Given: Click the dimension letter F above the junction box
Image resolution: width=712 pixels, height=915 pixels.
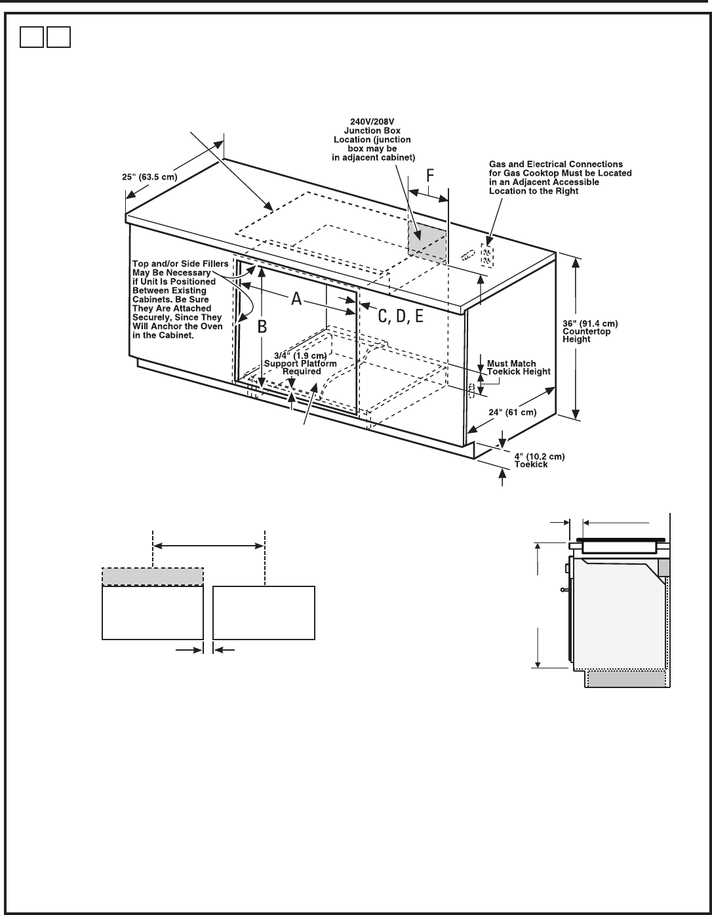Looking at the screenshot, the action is [x=429, y=176].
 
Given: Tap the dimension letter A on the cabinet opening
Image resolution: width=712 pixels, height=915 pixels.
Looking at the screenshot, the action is [x=296, y=298].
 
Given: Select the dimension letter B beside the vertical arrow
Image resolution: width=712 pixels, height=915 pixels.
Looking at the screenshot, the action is [x=262, y=327].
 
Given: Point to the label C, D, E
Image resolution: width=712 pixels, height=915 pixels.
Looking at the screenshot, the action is [x=400, y=315].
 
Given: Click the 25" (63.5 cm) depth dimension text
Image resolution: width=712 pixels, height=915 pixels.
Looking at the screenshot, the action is [x=149, y=177].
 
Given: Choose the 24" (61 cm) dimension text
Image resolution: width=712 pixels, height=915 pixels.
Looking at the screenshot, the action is [x=512, y=412].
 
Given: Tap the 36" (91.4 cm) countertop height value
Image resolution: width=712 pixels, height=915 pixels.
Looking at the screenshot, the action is [x=590, y=323].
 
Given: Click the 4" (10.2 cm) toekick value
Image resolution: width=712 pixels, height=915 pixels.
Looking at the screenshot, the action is [x=539, y=457].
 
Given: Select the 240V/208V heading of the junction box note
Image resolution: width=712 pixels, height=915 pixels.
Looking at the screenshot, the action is [x=372, y=122].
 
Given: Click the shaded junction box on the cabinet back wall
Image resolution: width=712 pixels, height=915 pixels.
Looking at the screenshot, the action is [x=427, y=241].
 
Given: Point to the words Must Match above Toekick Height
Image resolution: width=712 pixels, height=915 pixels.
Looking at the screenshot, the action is [x=511, y=363].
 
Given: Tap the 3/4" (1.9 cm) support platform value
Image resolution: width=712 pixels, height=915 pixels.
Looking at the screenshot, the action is [x=300, y=356].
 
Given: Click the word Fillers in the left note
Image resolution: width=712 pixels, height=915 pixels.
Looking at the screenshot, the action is [x=215, y=264].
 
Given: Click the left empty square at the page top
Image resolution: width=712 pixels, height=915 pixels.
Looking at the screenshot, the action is [x=31, y=37].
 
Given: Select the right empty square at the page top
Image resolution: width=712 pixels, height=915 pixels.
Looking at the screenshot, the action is [x=58, y=37].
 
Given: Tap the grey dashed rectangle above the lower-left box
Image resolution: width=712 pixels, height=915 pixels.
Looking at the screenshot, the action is [x=153, y=577].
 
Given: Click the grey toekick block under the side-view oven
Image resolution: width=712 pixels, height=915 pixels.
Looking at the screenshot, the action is [x=627, y=679].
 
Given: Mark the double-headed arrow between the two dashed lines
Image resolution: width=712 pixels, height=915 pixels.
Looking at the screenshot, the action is [x=208, y=546].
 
